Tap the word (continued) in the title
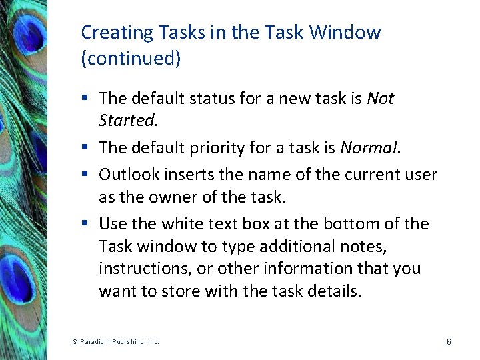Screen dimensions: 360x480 (131, 58)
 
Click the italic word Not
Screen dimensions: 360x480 (381, 99)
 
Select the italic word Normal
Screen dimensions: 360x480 (368, 147)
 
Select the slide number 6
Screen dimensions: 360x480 (449, 341)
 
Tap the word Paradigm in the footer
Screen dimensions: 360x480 (95, 341)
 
